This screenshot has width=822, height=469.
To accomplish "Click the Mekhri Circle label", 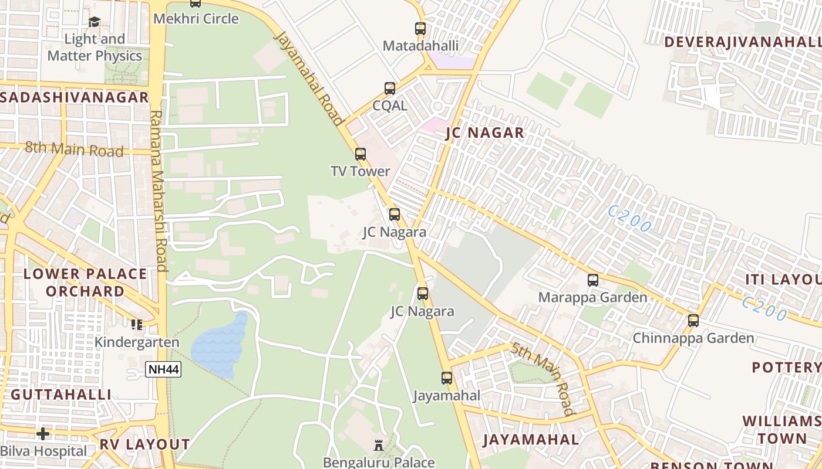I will pyautogui.click(x=196, y=19).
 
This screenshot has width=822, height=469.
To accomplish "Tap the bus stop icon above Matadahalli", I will pyautogui.click(x=420, y=28).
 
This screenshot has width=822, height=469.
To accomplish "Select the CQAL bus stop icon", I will pyautogui.click(x=390, y=89).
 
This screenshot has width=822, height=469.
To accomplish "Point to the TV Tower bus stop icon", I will pyautogui.click(x=361, y=154).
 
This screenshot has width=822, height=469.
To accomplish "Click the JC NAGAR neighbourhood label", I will pyautogui.click(x=485, y=133).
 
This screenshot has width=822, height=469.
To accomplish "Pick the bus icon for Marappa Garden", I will pyautogui.click(x=593, y=280).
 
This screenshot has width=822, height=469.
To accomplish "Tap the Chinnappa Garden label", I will pyautogui.click(x=693, y=338).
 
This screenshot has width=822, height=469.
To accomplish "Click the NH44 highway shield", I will pyautogui.click(x=163, y=369).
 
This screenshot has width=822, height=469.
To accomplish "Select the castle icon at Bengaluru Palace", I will pyautogui.click(x=379, y=446).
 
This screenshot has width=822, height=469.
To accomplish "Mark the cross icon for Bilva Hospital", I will pyautogui.click(x=43, y=434).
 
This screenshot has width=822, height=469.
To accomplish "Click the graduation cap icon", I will pyautogui.click(x=94, y=22).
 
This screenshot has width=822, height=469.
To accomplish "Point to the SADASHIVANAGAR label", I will pyautogui.click(x=75, y=97).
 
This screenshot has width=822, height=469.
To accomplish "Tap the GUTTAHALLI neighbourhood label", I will pyautogui.click(x=61, y=395).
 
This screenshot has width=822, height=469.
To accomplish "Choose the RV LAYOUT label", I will pyautogui.click(x=144, y=444).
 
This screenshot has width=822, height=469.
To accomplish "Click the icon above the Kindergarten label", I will pyautogui.click(x=137, y=324).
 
